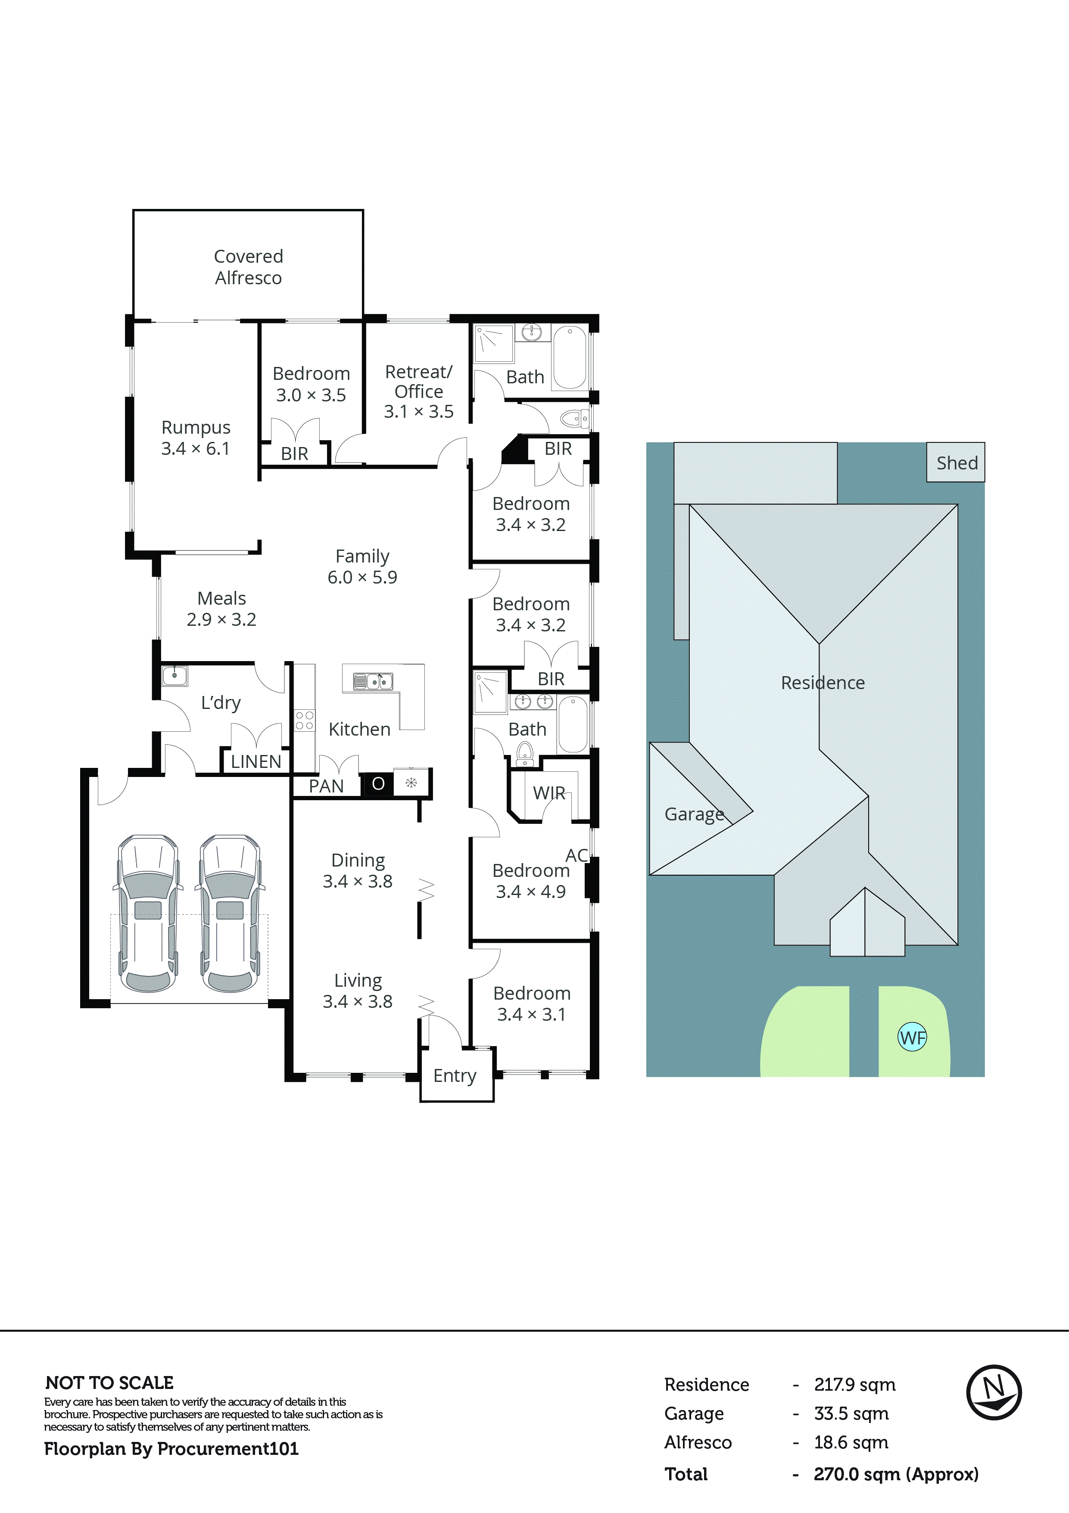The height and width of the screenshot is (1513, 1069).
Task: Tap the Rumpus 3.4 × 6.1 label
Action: tap(196, 438)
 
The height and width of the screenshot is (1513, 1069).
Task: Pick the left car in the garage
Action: tap(148, 913)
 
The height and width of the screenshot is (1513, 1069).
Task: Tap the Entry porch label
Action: tap(455, 1075)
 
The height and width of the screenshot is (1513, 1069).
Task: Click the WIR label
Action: tap(549, 793)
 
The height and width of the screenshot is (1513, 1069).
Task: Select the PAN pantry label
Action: tap(326, 786)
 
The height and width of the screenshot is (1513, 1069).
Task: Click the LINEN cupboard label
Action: tap(256, 762)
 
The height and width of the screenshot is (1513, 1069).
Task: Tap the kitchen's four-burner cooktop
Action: tap(305, 720)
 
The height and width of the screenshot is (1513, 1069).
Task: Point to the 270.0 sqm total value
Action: tap(895, 1474)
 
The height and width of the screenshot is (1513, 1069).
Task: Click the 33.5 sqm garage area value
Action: tap(851, 1414)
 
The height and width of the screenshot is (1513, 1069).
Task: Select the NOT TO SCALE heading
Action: tap(109, 1383)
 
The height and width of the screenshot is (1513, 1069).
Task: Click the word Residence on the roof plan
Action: tap(823, 683)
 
